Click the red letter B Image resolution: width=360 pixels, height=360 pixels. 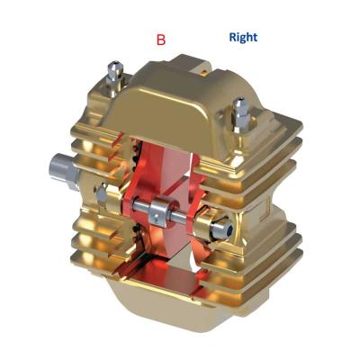[x=161, y=40]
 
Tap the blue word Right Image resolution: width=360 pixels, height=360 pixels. [x=243, y=37]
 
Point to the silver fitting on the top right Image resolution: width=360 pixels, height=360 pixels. [x=241, y=114]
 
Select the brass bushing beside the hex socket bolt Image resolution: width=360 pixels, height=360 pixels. [x=204, y=227]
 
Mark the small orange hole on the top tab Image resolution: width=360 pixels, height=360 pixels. [x=204, y=72]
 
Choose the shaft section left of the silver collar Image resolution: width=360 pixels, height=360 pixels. [x=140, y=205]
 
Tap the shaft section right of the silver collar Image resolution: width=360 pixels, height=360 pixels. [x=179, y=218]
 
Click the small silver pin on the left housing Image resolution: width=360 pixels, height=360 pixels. [x=101, y=194]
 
